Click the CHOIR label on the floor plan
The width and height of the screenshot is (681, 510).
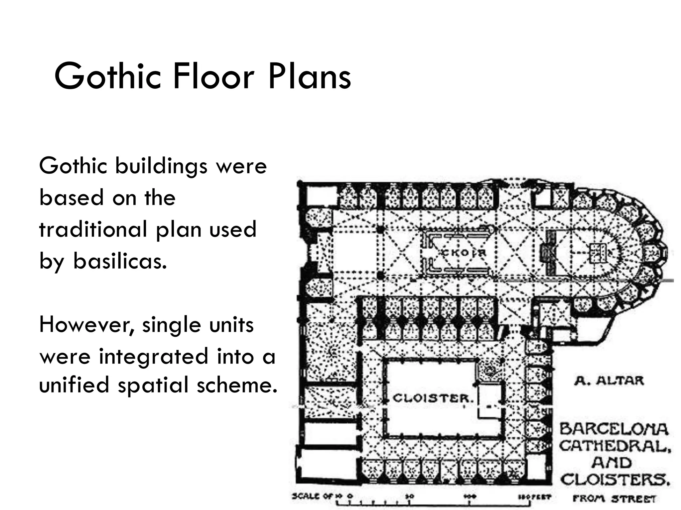point(464,253)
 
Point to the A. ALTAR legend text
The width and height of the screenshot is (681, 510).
point(609,381)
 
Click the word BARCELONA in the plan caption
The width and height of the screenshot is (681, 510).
point(613,429)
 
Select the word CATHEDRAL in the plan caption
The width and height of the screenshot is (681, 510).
point(614,446)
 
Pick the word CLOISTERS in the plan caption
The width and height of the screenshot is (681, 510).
point(614,479)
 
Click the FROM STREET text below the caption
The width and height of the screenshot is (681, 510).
point(614,498)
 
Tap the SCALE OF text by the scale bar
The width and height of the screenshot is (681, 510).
point(313,496)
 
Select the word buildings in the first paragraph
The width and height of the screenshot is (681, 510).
point(161,166)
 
